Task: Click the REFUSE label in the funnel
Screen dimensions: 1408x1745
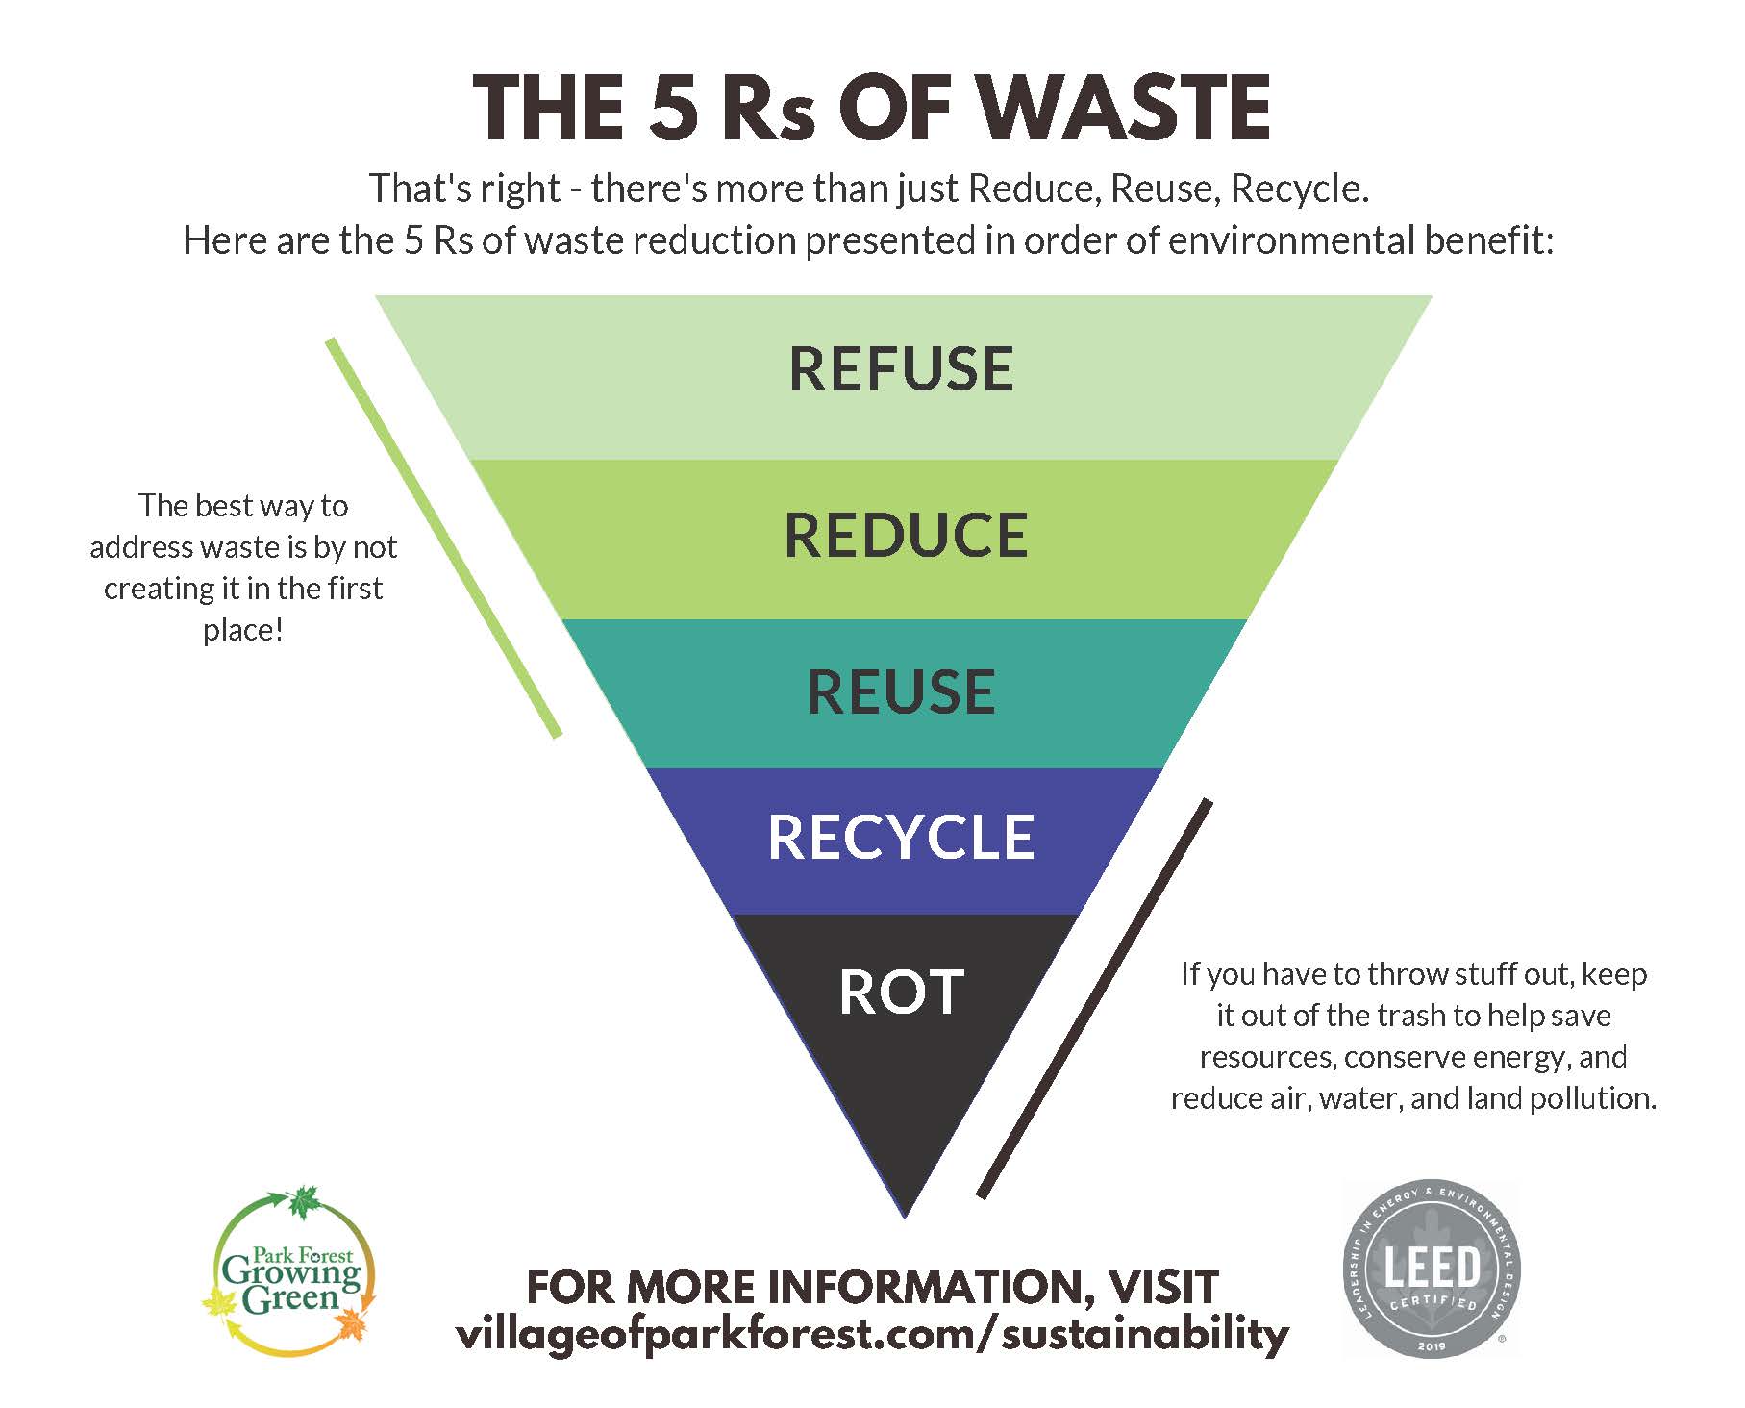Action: pyautogui.click(x=901, y=369)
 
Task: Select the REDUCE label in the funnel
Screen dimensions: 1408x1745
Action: pyautogui.click(x=906, y=536)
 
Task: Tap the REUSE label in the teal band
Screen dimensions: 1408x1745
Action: pyautogui.click(x=901, y=692)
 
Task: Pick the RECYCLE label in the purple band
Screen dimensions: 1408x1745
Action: pyautogui.click(x=901, y=838)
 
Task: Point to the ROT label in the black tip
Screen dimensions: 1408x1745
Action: pyautogui.click(x=901, y=993)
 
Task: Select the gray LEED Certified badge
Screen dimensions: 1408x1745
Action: pyautogui.click(x=1431, y=1269)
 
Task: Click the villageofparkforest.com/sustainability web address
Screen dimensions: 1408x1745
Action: pyautogui.click(x=872, y=1335)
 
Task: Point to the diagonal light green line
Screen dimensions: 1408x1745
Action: pyautogui.click(x=443, y=538)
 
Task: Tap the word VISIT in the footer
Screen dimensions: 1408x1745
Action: pyautogui.click(x=1162, y=1287)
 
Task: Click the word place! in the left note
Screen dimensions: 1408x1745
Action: pyautogui.click(x=243, y=631)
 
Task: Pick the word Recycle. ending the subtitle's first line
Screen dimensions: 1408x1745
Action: pyautogui.click(x=1299, y=189)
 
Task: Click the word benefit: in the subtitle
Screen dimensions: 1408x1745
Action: pyautogui.click(x=1489, y=240)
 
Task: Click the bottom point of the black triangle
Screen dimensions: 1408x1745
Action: pyautogui.click(x=905, y=1214)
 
